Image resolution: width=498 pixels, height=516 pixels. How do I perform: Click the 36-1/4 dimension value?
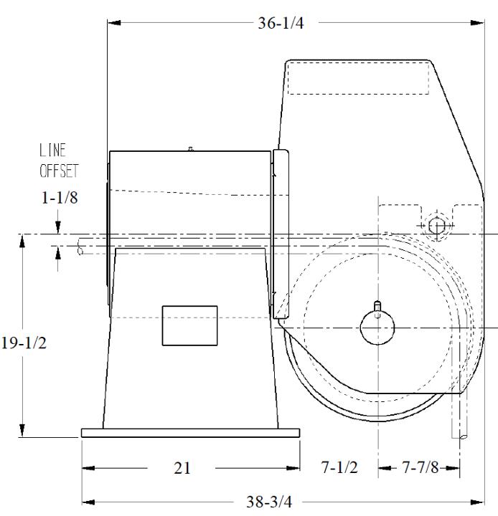coord(281,23)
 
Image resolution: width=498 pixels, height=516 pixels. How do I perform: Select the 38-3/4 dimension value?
coord(269,502)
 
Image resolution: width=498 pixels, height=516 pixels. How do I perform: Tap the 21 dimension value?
coord(182,468)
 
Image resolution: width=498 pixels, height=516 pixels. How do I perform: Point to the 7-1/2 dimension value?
coord(339,467)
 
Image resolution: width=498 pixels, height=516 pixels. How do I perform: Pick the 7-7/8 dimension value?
coord(421,467)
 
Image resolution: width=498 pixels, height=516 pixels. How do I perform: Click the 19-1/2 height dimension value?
coord(24,343)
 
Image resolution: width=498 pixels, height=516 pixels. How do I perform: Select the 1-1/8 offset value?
coord(60,198)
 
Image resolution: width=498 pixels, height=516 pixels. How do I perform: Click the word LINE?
coord(52,150)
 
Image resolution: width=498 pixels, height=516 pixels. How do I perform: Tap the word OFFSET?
coord(59,171)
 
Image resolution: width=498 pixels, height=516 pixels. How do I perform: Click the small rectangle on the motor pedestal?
coord(189,325)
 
